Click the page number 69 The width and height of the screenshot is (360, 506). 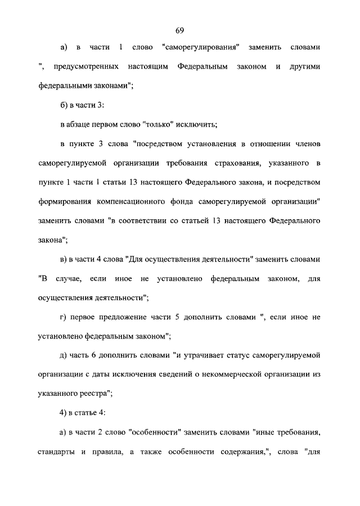pyautogui.click(x=179, y=30)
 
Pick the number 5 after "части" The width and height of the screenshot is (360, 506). pyautogui.click(x=193, y=318)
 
